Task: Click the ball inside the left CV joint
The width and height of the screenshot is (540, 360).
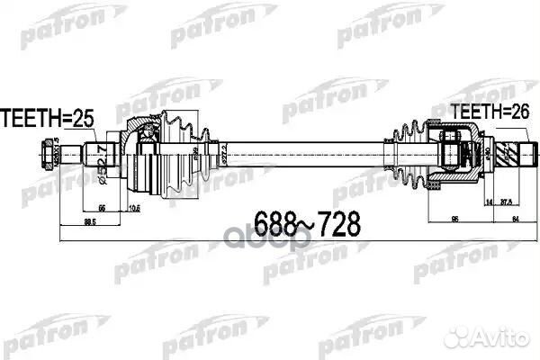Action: (146, 135)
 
